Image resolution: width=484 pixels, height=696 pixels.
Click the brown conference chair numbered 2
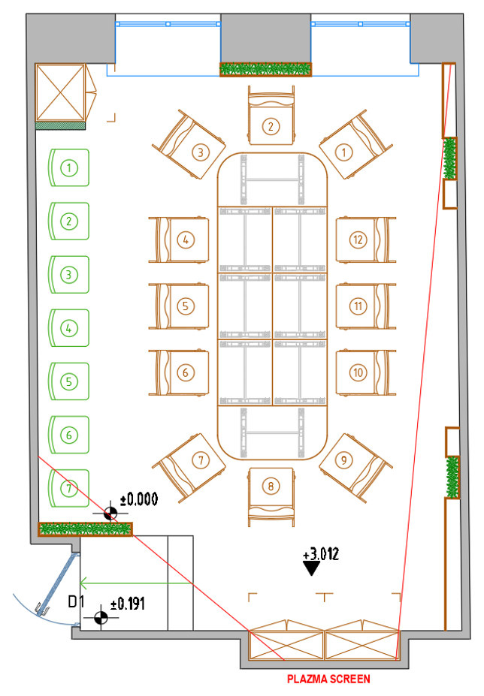(270, 120)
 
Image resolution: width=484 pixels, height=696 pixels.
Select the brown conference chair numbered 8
(270, 492)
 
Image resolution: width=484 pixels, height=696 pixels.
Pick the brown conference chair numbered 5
(181, 306)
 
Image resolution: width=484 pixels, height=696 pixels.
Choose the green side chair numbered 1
(68, 168)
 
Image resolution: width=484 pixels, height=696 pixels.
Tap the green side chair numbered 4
(68, 328)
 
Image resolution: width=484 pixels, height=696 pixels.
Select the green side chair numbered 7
(68, 489)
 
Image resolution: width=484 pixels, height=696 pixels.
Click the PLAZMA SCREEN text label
(328, 679)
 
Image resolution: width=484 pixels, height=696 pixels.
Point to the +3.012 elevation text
(321, 556)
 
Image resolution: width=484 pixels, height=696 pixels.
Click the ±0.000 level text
(139, 499)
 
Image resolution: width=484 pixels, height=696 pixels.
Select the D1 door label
(76, 601)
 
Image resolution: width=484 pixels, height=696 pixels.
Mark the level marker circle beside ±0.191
(101, 618)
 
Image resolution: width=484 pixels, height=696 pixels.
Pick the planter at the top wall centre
(265, 69)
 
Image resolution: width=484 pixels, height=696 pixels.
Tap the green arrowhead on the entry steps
(85, 581)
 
